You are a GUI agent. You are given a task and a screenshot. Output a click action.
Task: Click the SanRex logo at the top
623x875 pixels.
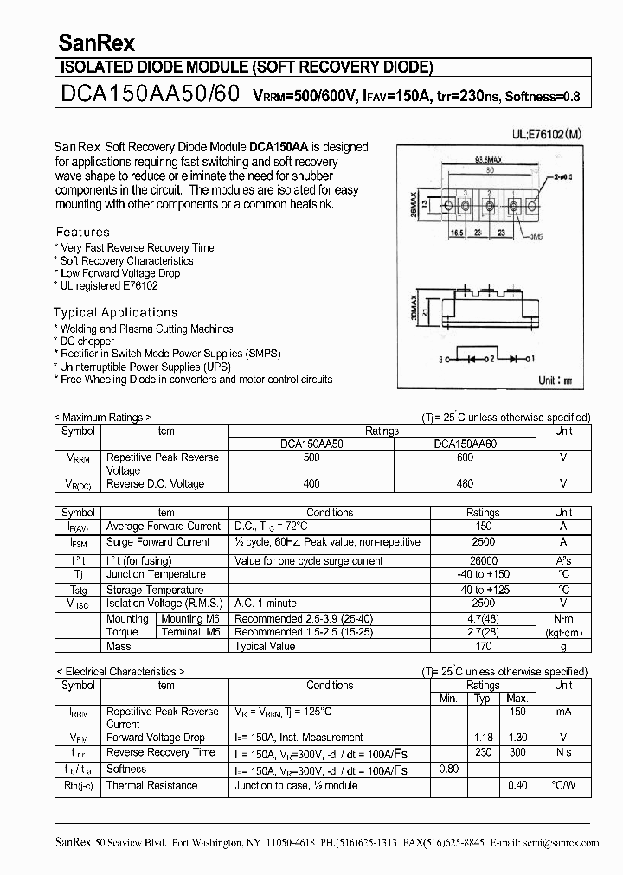click(x=96, y=42)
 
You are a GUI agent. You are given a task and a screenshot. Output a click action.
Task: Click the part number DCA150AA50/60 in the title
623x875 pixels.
click(x=148, y=94)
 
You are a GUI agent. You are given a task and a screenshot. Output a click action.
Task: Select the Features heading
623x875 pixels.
click(x=83, y=232)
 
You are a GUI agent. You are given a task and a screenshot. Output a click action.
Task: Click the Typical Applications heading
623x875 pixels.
click(x=115, y=312)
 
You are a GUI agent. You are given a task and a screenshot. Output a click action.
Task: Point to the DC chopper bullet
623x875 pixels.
click(x=86, y=342)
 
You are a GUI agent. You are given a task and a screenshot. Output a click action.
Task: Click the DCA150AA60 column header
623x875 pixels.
click(x=465, y=444)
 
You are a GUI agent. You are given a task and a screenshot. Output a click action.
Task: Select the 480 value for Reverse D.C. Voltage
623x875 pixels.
click(x=465, y=484)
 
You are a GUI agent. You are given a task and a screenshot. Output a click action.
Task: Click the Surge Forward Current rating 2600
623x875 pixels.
click(x=483, y=542)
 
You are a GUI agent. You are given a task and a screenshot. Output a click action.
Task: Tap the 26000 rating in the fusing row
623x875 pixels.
click(x=483, y=560)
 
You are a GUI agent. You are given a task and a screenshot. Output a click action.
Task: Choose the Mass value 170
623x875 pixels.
click(x=483, y=646)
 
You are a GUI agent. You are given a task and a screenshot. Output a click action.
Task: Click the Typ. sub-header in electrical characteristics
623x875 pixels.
click(x=483, y=698)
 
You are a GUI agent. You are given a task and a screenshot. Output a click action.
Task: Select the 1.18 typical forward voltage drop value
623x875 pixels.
click(x=483, y=738)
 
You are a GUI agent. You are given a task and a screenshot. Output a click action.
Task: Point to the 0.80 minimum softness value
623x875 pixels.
click(x=448, y=769)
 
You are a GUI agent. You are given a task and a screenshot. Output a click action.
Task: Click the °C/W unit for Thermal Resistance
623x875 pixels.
click(x=563, y=785)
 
